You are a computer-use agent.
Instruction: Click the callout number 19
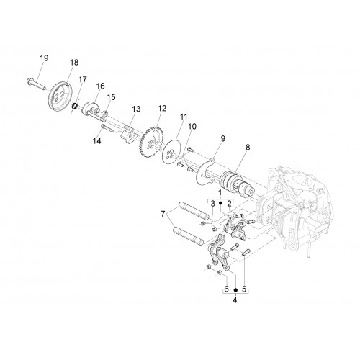point(44,58)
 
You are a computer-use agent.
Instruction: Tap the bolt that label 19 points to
point(36,84)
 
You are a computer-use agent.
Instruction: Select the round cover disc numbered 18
point(60,97)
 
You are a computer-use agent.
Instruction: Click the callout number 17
point(82,79)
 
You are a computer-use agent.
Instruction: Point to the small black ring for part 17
point(75,106)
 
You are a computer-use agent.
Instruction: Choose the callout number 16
point(101,86)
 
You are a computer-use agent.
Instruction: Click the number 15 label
point(111,97)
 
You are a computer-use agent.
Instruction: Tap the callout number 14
point(97,141)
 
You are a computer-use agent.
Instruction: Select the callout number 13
point(136,109)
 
